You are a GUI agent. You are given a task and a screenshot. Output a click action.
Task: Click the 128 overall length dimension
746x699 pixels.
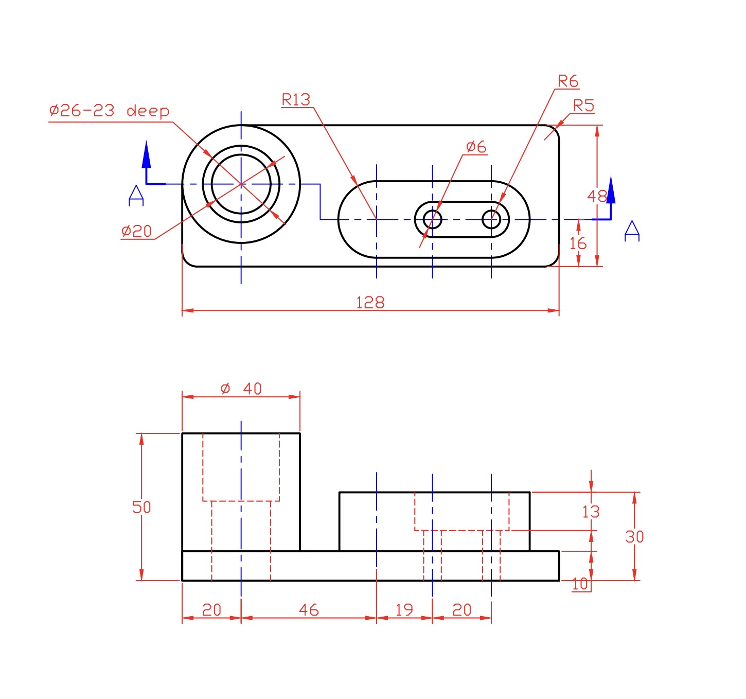(x=370, y=302)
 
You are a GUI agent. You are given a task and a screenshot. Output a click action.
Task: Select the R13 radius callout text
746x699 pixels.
(x=296, y=99)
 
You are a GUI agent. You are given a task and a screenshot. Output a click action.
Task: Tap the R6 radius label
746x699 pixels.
(x=568, y=81)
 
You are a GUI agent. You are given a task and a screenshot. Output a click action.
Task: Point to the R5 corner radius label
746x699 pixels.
(x=583, y=106)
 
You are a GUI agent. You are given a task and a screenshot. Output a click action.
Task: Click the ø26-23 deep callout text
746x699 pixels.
(x=109, y=111)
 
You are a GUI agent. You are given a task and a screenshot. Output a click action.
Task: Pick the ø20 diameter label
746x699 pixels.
(x=136, y=231)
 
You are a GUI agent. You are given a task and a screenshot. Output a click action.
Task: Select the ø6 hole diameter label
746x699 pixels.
(x=476, y=147)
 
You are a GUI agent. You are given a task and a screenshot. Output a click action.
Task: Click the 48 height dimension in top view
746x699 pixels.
(x=597, y=196)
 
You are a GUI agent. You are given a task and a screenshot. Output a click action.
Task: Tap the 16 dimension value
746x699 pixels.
(x=578, y=243)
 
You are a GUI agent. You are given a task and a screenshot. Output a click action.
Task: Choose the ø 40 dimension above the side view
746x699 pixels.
(x=241, y=389)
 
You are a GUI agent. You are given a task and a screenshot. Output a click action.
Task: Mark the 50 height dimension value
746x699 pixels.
(x=141, y=507)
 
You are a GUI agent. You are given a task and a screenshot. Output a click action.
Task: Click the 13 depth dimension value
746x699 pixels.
(x=591, y=512)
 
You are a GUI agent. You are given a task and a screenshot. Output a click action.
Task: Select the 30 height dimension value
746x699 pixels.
(x=634, y=537)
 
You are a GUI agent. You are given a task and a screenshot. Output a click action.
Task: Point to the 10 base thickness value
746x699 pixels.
(x=580, y=584)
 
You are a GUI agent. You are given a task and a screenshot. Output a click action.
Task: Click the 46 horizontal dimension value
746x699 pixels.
(x=309, y=610)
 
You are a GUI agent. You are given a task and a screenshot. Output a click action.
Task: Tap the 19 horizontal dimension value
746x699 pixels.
(x=404, y=610)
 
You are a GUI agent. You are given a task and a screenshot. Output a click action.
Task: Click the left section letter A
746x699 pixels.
(x=136, y=196)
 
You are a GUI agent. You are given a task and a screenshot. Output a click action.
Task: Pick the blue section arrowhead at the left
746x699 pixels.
(x=147, y=154)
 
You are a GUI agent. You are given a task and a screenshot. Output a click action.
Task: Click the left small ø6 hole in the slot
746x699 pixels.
(x=432, y=219)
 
